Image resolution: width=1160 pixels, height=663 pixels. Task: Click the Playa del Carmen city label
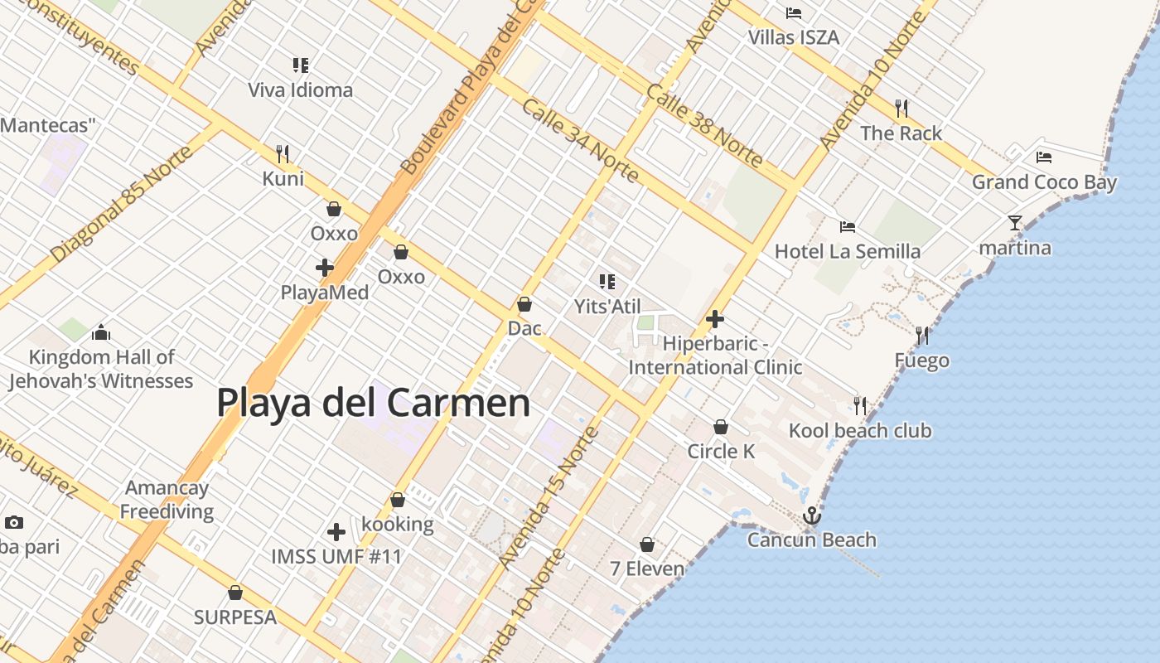[x=373, y=403]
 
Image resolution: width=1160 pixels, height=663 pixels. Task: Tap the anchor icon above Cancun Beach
[x=812, y=515]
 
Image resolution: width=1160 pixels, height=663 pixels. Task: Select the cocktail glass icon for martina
[x=1015, y=222]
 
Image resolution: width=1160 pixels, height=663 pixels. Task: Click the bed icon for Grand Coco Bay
[x=1043, y=157]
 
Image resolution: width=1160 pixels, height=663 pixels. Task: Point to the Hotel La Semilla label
[x=847, y=251]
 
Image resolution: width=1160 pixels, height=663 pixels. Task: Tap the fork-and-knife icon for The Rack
[x=901, y=108]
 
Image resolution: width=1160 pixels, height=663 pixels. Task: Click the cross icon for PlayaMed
[x=325, y=268]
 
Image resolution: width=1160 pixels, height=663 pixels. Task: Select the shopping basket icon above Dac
[x=524, y=304]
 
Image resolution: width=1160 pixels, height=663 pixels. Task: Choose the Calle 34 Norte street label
[x=580, y=140]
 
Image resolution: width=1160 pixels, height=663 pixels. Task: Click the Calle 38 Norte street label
[x=703, y=124]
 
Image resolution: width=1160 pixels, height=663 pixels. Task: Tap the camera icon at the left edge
[x=13, y=522]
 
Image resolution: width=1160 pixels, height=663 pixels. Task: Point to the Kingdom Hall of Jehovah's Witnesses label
[x=101, y=369]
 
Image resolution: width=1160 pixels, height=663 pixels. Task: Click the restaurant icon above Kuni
[x=283, y=153]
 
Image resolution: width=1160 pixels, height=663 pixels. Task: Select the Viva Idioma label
[x=300, y=90]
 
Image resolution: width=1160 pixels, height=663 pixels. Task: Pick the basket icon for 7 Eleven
[x=647, y=544]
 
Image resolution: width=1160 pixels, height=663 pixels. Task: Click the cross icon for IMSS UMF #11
[x=336, y=532]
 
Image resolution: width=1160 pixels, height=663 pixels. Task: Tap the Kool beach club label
[x=859, y=431]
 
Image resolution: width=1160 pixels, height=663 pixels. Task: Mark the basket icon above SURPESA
[x=235, y=593]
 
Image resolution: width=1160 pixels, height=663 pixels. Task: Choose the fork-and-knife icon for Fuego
[x=921, y=335]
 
